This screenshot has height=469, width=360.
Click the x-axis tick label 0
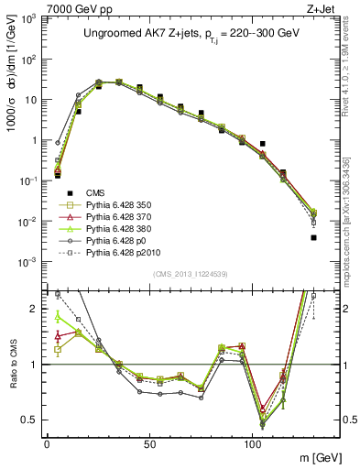pyautogui.click(x=46, y=442)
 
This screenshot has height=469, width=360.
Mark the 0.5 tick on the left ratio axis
pyautogui.click(x=29, y=420)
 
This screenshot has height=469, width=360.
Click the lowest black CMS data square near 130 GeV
pyautogui.click(x=313, y=237)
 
